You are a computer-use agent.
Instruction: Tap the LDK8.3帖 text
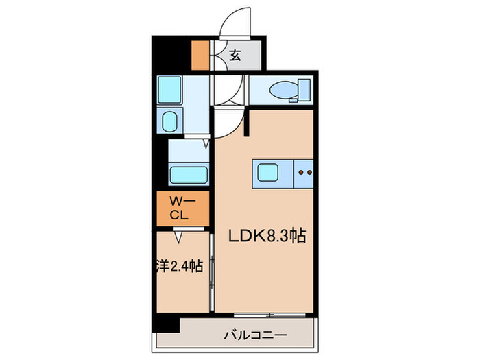tap(266, 237)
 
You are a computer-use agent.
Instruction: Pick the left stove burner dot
tap(302, 172)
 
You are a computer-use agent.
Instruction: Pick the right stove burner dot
tap(310, 172)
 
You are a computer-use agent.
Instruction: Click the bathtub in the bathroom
tap(188, 174)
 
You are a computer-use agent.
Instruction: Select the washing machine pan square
tap(169, 89)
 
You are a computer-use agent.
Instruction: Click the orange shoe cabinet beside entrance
tap(200, 56)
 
